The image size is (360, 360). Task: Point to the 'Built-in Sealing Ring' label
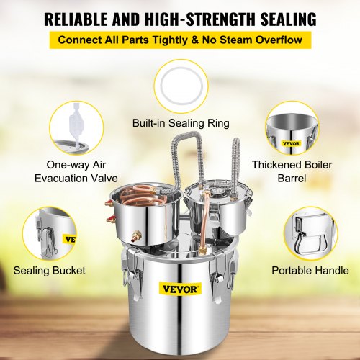(180, 123)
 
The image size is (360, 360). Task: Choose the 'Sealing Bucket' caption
(49, 271)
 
